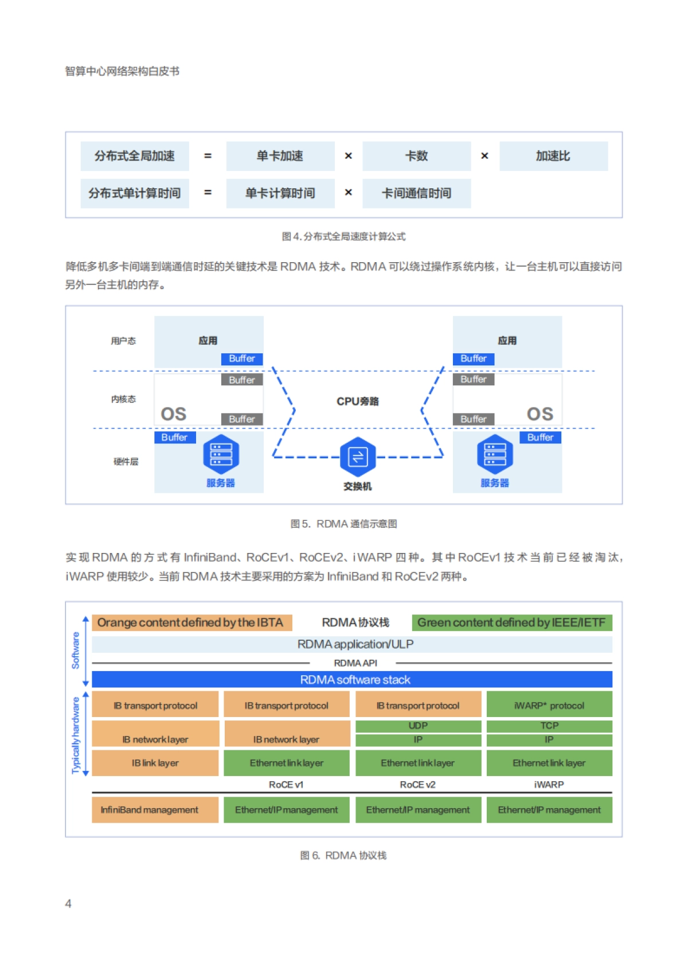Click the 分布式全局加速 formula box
pyautogui.click(x=135, y=156)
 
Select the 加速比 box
pyautogui.click(x=553, y=156)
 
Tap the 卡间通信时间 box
pyautogui.click(x=416, y=193)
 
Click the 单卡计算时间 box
pyautogui.click(x=280, y=193)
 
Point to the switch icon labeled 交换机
pyautogui.click(x=358, y=457)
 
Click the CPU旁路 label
pyautogui.click(x=357, y=402)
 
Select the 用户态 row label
pyautogui.click(x=123, y=341)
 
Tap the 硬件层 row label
pyautogui.click(x=126, y=462)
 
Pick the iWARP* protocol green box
pyautogui.click(x=549, y=706)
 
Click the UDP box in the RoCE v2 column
pyautogui.click(x=418, y=726)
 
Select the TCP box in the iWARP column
pyautogui.click(x=549, y=726)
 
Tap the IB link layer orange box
pyautogui.click(x=155, y=763)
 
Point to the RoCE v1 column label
pyautogui.click(x=286, y=785)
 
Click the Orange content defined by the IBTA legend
pyautogui.click(x=191, y=622)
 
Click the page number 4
pyautogui.click(x=68, y=904)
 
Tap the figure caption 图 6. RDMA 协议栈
pyautogui.click(x=343, y=855)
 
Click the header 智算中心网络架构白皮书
pyautogui.click(x=122, y=71)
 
